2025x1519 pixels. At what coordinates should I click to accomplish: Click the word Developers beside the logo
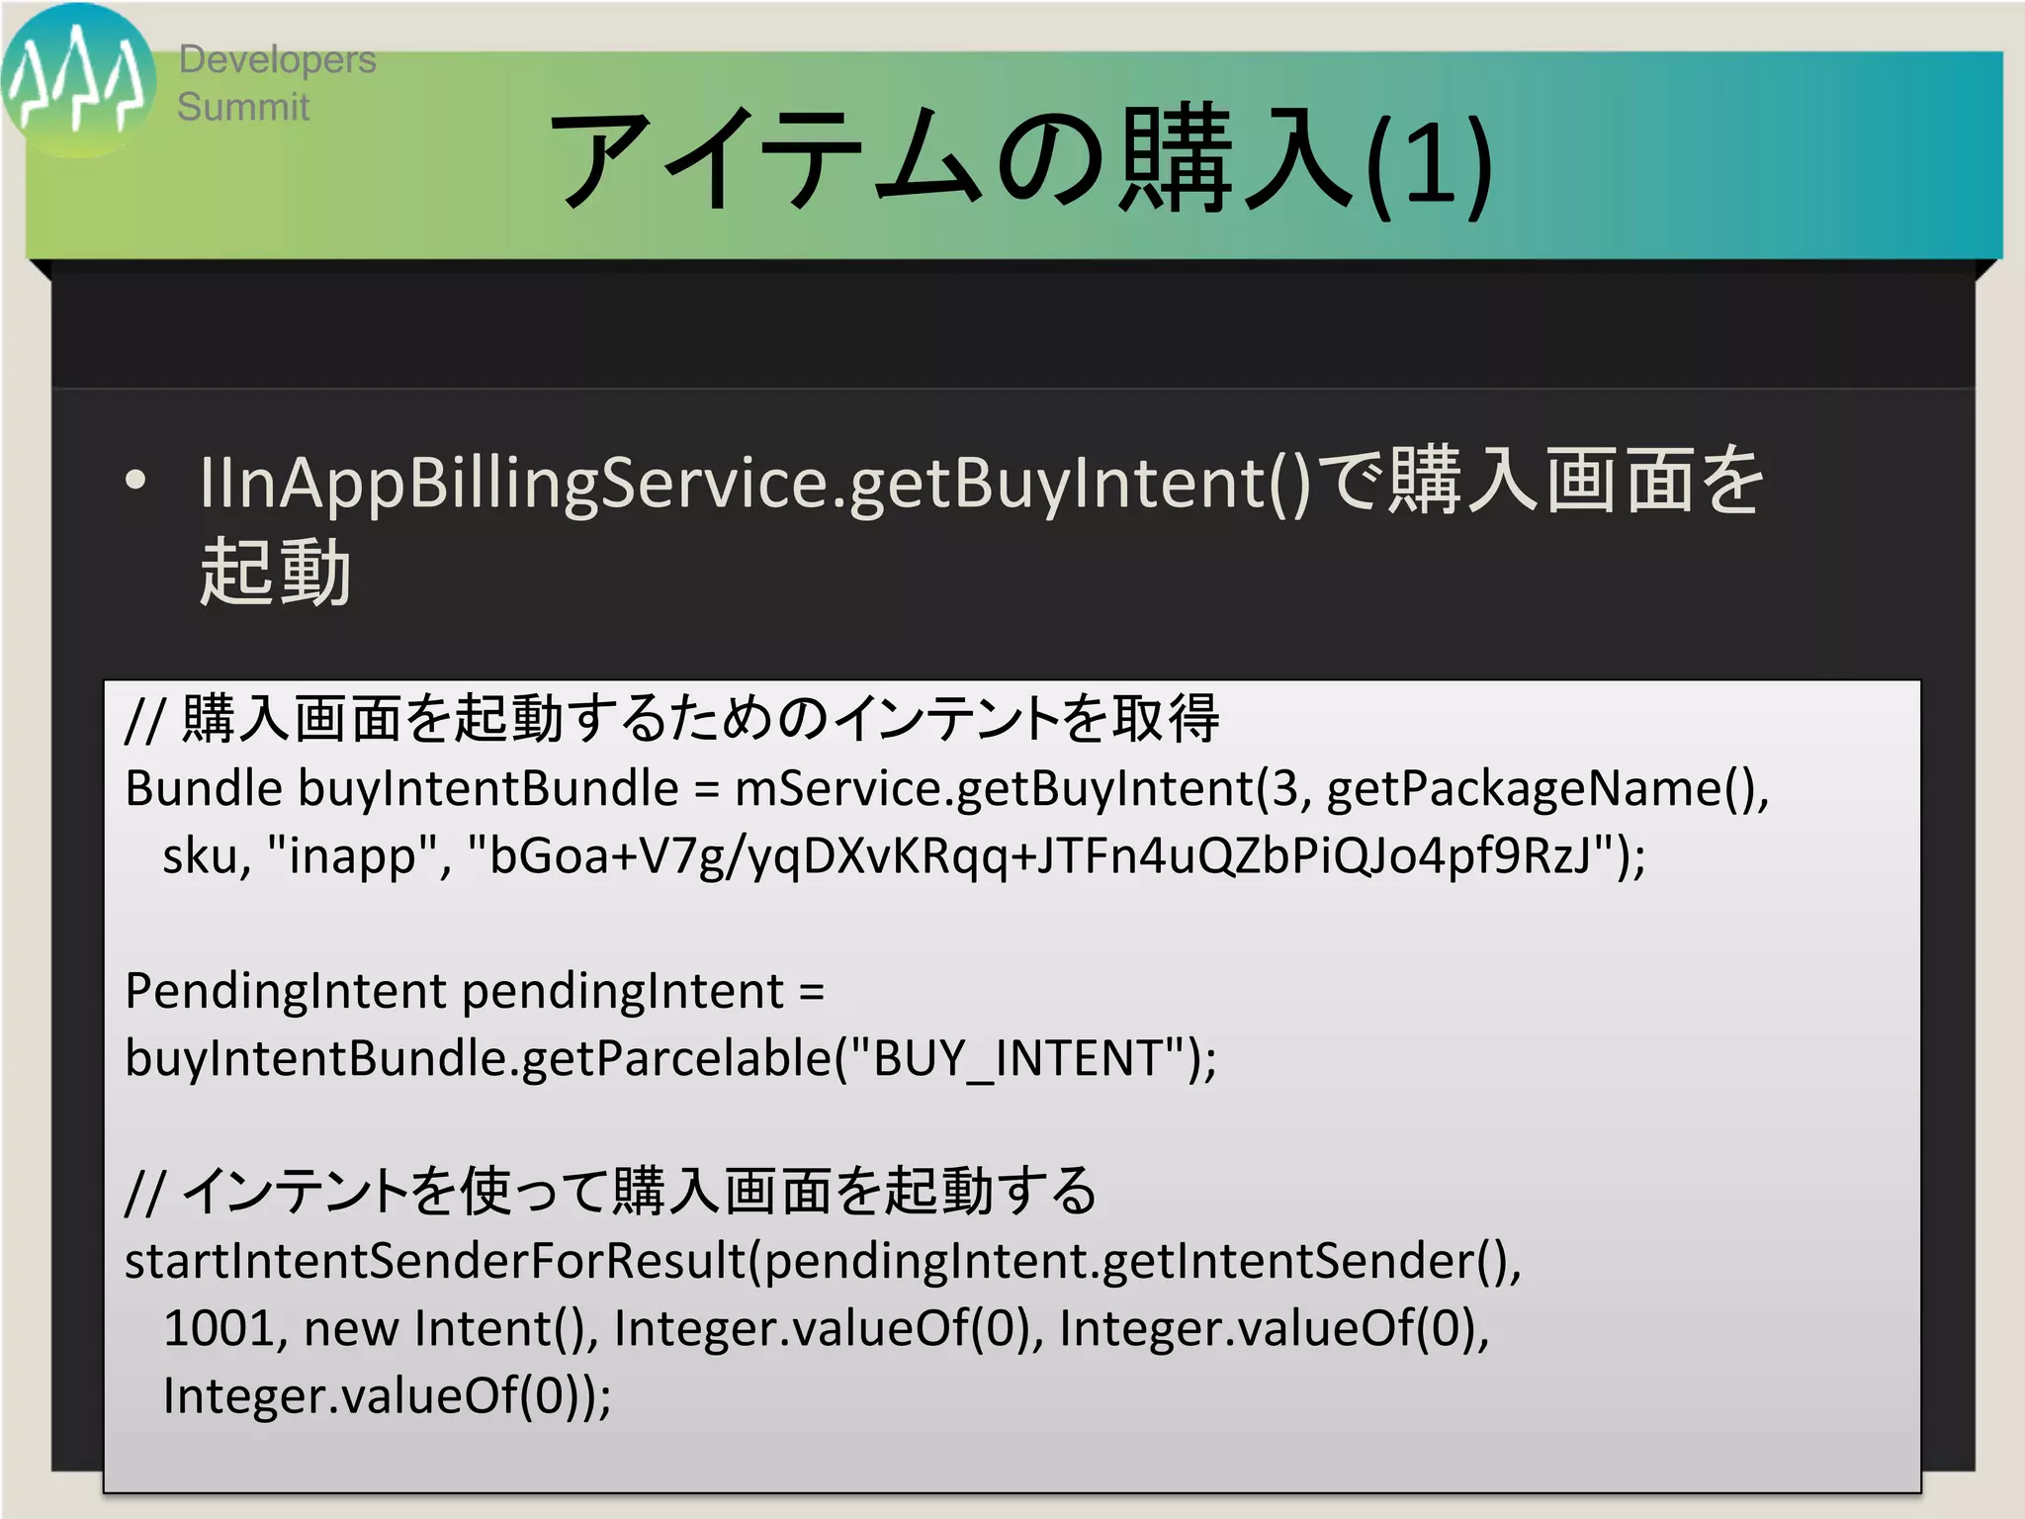pyautogui.click(x=277, y=60)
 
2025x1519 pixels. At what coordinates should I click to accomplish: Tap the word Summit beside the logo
pyautogui.click(x=243, y=107)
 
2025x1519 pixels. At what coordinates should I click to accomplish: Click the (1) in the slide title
pyautogui.click(x=1428, y=163)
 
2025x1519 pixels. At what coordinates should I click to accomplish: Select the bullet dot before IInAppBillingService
pyautogui.click(x=135, y=482)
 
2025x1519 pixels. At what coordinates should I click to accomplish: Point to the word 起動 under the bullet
pyautogui.click(x=275, y=573)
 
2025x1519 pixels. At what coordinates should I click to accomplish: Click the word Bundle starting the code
pyautogui.click(x=204, y=789)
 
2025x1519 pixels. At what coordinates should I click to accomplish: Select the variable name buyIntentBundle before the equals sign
pyautogui.click(x=488, y=789)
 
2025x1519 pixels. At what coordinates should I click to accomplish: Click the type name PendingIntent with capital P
pyautogui.click(x=286, y=991)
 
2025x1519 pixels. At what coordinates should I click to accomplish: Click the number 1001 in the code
pyautogui.click(x=218, y=1328)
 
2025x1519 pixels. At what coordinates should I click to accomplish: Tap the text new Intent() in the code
pyautogui.click(x=449, y=1328)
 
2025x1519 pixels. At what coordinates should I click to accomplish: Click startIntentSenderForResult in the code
pyautogui.click(x=434, y=1261)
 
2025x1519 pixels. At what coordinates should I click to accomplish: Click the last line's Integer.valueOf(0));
pyautogui.click(x=387, y=1395)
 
